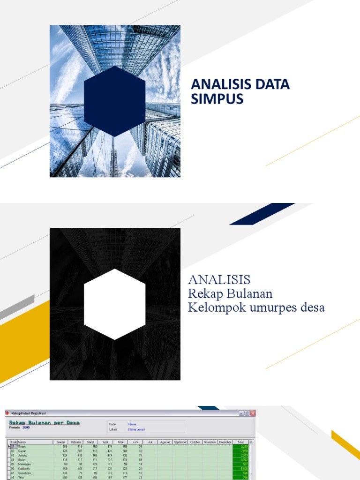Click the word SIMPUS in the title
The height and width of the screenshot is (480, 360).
click(217, 99)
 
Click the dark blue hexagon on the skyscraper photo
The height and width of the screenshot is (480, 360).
click(114, 101)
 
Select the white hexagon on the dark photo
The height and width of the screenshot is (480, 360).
click(114, 304)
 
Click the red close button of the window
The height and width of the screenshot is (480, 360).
click(253, 413)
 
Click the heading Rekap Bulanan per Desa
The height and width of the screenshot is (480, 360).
click(45, 422)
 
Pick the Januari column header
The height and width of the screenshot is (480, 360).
click(60, 442)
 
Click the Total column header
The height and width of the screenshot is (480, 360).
click(240, 442)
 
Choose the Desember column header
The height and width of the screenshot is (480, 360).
click(225, 442)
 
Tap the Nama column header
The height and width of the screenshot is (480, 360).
click(22, 442)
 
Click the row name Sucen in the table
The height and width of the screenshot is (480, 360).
click(22, 451)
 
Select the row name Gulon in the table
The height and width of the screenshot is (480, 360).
click(22, 460)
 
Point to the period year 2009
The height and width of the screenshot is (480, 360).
click(26, 427)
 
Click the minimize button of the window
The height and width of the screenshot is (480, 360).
click(241, 413)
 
